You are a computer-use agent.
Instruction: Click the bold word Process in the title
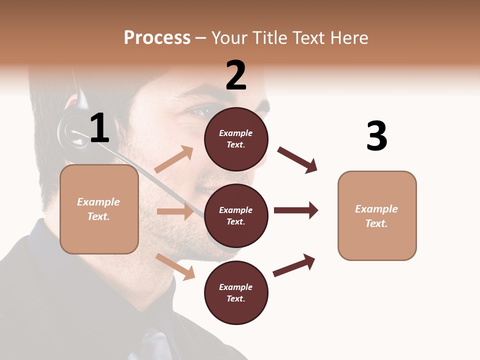pos(157,38)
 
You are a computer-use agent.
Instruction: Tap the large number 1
pos(99,128)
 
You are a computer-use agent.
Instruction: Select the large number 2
pos(236,75)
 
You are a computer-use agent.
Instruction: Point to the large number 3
pos(377,136)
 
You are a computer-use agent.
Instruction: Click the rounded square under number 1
pos(99,209)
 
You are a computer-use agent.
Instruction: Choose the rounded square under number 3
pos(377,215)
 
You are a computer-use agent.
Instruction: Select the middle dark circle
pos(236,215)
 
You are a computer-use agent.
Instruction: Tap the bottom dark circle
pos(236,292)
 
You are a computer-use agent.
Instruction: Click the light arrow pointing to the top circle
pos(174,159)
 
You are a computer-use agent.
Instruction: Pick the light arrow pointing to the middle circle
pos(175,211)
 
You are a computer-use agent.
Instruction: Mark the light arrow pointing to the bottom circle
pos(175,266)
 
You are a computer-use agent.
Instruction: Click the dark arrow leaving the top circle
pos(297,159)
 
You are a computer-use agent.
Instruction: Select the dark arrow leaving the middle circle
pos(296,210)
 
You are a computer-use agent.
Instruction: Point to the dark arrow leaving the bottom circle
pos(294,265)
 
